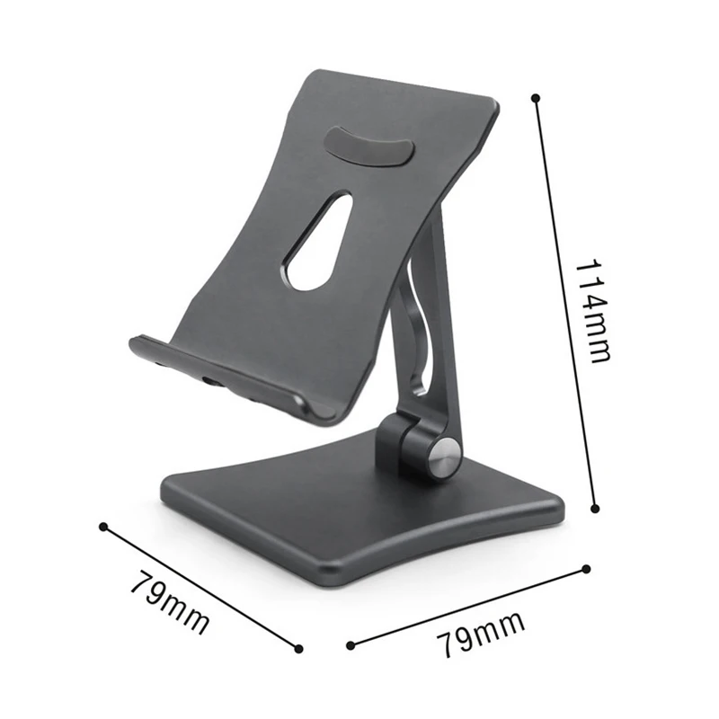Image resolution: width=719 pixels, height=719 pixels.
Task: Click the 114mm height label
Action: click(x=593, y=310)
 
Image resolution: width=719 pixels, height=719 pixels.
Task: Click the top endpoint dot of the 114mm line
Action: click(x=536, y=97)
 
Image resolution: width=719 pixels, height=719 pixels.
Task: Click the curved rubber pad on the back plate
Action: click(x=368, y=145)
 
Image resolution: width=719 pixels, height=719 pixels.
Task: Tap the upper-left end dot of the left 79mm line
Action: click(x=103, y=527)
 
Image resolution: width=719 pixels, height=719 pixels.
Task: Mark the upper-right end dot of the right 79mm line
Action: click(x=586, y=568)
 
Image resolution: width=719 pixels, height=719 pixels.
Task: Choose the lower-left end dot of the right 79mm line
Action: click(x=350, y=644)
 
